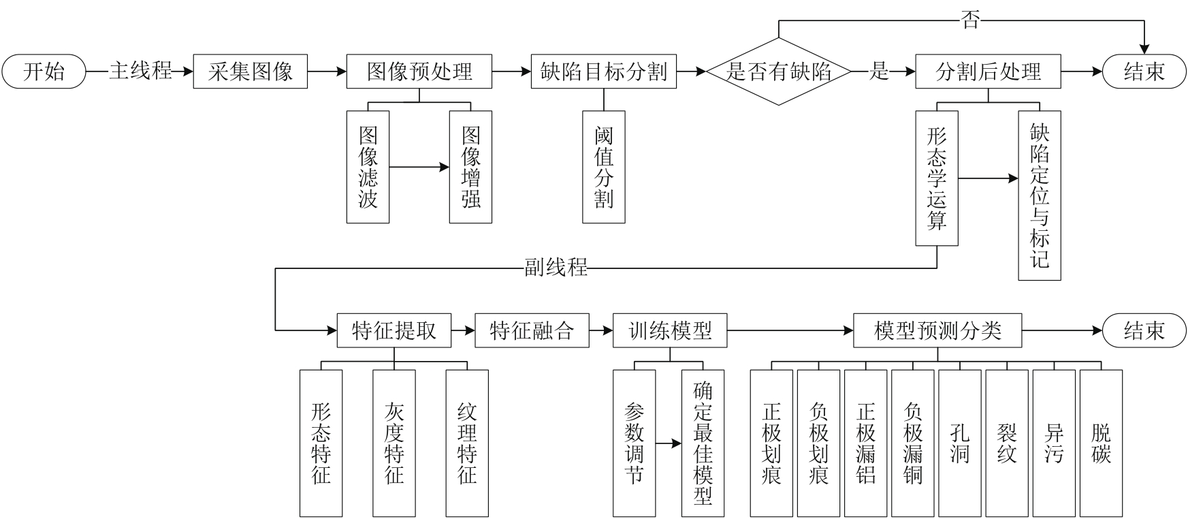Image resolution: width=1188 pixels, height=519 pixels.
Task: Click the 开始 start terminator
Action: (x=44, y=72)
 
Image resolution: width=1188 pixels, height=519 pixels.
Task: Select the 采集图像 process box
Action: (x=250, y=72)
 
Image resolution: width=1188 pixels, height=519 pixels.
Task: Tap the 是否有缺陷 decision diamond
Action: (x=779, y=72)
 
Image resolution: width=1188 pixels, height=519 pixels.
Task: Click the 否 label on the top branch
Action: (x=970, y=20)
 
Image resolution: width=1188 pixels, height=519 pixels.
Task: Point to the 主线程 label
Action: (x=140, y=71)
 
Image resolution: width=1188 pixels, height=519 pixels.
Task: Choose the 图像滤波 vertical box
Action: (x=368, y=167)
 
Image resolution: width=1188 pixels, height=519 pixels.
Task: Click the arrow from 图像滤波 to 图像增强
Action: (x=419, y=167)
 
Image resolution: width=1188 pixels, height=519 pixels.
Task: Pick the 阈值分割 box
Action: (x=603, y=167)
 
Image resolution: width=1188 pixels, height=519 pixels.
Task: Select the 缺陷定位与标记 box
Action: (x=1039, y=195)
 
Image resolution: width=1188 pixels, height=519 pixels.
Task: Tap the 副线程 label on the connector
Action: (x=556, y=268)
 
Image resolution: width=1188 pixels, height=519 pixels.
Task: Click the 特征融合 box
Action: (x=532, y=331)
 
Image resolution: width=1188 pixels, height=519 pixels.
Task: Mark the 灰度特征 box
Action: (x=394, y=443)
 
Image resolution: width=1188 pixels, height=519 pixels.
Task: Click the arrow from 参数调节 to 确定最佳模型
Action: (x=669, y=443)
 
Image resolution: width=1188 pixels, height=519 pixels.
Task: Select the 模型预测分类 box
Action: (x=937, y=331)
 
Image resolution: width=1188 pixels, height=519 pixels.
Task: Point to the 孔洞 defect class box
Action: (x=959, y=443)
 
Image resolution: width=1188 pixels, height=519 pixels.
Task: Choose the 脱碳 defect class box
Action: (x=1101, y=443)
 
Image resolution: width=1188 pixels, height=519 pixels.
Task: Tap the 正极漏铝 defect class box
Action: (x=865, y=443)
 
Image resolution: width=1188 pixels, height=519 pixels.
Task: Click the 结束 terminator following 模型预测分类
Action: (x=1144, y=331)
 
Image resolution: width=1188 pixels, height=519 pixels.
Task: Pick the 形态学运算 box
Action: (x=937, y=178)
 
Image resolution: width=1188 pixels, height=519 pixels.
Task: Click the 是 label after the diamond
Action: (x=880, y=71)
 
